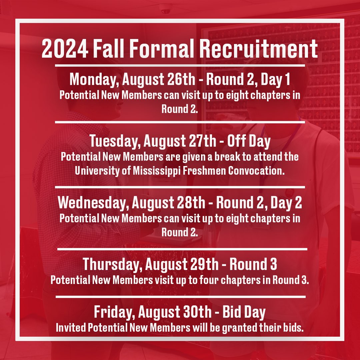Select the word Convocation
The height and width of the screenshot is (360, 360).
(x=256, y=170)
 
